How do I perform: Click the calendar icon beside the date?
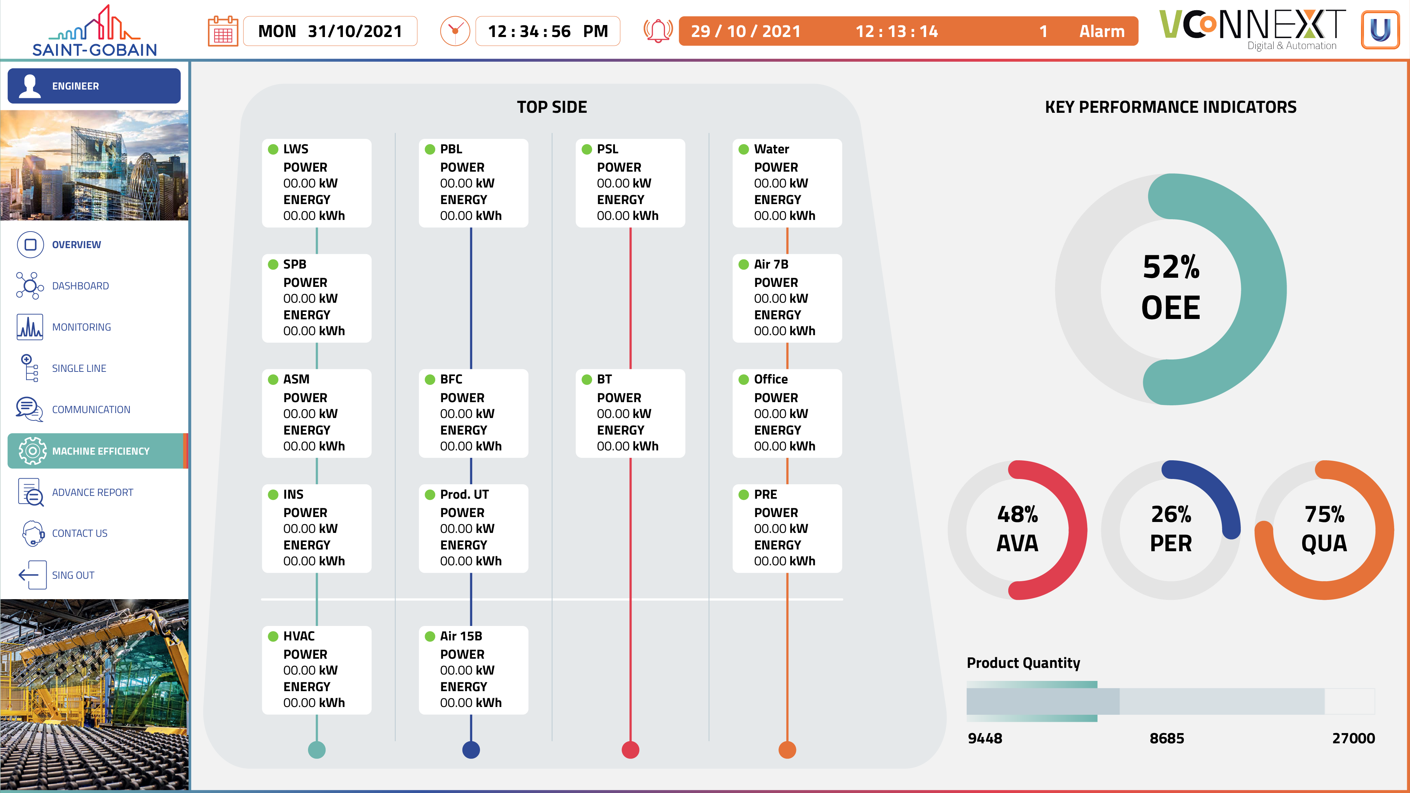[x=223, y=31]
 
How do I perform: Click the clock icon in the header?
[x=455, y=31]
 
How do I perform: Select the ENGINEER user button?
[x=94, y=86]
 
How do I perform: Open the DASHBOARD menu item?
[x=80, y=286]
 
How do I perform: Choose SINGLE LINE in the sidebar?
[x=79, y=368]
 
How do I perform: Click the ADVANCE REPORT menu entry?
[x=92, y=492]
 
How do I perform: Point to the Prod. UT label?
[x=464, y=494]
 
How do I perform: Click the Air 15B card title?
[x=461, y=636]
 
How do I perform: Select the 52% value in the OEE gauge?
[x=1171, y=267]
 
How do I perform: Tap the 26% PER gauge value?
[x=1171, y=515]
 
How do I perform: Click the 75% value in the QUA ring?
[x=1324, y=515]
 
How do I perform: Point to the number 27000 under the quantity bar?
[x=1353, y=738]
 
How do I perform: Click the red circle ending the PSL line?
[x=630, y=750]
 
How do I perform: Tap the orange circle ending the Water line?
[x=787, y=750]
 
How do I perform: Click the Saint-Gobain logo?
[x=94, y=31]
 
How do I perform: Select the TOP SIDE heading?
[x=552, y=107]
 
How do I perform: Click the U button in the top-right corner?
[x=1380, y=30]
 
